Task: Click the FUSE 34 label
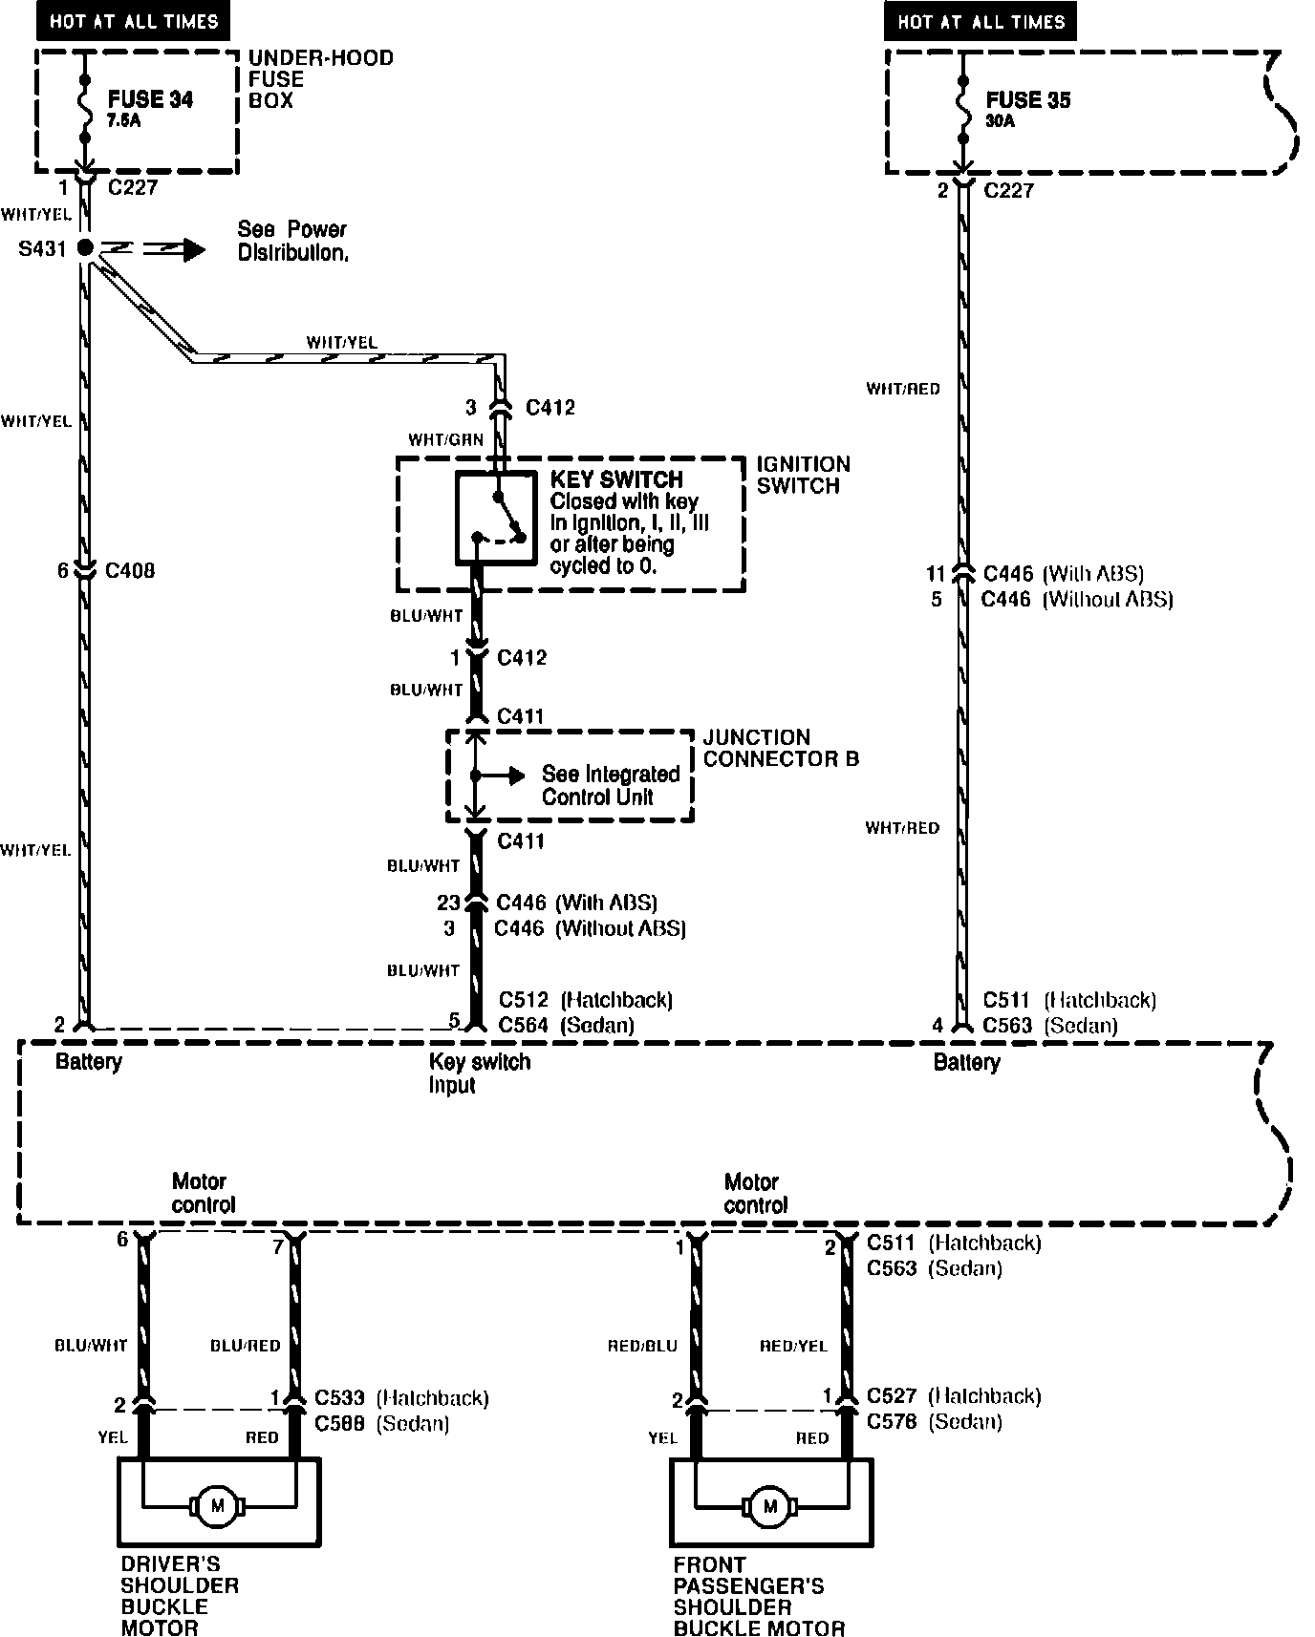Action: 150,99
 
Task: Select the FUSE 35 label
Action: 1027,99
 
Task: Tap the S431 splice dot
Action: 85,248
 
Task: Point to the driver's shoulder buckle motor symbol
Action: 217,1506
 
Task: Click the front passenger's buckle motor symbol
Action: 770,1506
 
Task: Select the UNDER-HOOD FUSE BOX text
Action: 320,78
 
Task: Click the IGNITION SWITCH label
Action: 803,475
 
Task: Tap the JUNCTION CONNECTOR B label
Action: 781,748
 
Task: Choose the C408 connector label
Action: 130,571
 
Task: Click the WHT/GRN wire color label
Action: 445,440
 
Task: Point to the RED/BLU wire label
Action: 642,1346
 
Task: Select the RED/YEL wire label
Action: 793,1346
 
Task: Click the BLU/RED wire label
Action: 246,1346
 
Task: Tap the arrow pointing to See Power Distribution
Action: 192,249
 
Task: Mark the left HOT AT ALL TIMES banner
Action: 134,21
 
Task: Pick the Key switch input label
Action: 479,1073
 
